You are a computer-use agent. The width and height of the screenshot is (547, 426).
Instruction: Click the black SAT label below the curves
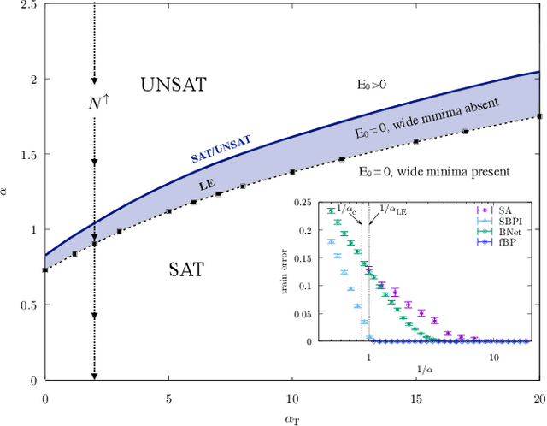click(185, 269)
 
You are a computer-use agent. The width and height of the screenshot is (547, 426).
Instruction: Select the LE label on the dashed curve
click(206, 184)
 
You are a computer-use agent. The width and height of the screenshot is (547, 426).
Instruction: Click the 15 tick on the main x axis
click(415, 399)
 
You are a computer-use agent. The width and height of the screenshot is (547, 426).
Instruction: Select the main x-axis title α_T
click(292, 417)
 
